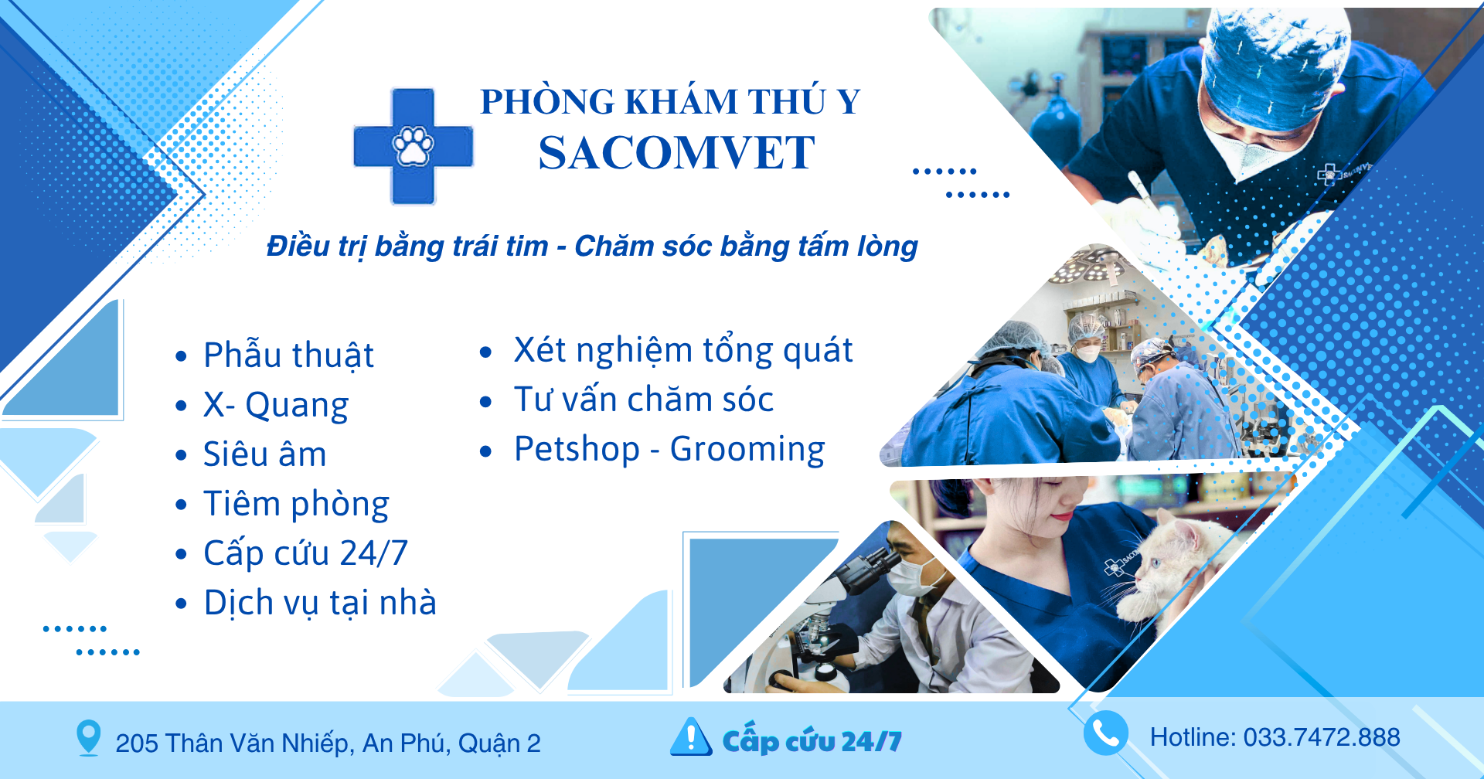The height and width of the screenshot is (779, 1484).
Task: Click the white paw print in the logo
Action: [414, 146]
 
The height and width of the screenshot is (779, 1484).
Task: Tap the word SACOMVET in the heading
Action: [676, 152]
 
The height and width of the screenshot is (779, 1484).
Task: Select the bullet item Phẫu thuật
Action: [288, 355]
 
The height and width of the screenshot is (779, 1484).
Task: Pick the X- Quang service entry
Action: [276, 405]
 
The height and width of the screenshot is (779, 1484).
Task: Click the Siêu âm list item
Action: [264, 454]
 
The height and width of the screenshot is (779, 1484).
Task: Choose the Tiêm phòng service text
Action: [296, 504]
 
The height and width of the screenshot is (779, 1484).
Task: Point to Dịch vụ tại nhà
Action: [320, 603]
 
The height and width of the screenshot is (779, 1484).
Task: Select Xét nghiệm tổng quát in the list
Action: [683, 350]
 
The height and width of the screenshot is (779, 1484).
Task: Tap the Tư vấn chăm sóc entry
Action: [644, 400]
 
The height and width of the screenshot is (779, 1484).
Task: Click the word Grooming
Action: [747, 450]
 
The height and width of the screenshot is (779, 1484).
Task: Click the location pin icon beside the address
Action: [89, 738]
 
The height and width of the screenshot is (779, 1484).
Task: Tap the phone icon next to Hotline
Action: [1105, 733]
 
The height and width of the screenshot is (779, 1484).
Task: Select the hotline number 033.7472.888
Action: [1322, 737]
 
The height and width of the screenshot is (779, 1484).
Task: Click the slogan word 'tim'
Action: [526, 247]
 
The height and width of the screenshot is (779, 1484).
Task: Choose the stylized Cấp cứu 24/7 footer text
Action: [812, 740]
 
